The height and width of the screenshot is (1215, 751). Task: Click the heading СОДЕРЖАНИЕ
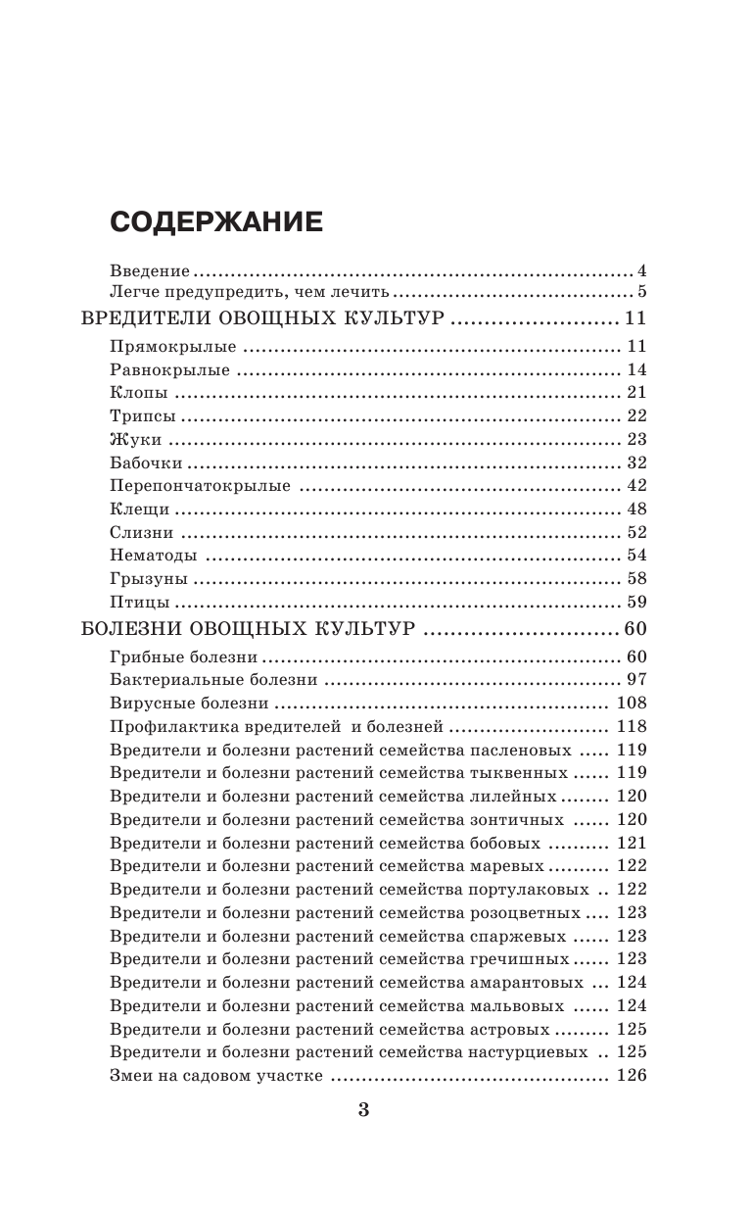click(215, 222)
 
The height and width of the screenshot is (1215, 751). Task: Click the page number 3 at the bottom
click(364, 1110)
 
